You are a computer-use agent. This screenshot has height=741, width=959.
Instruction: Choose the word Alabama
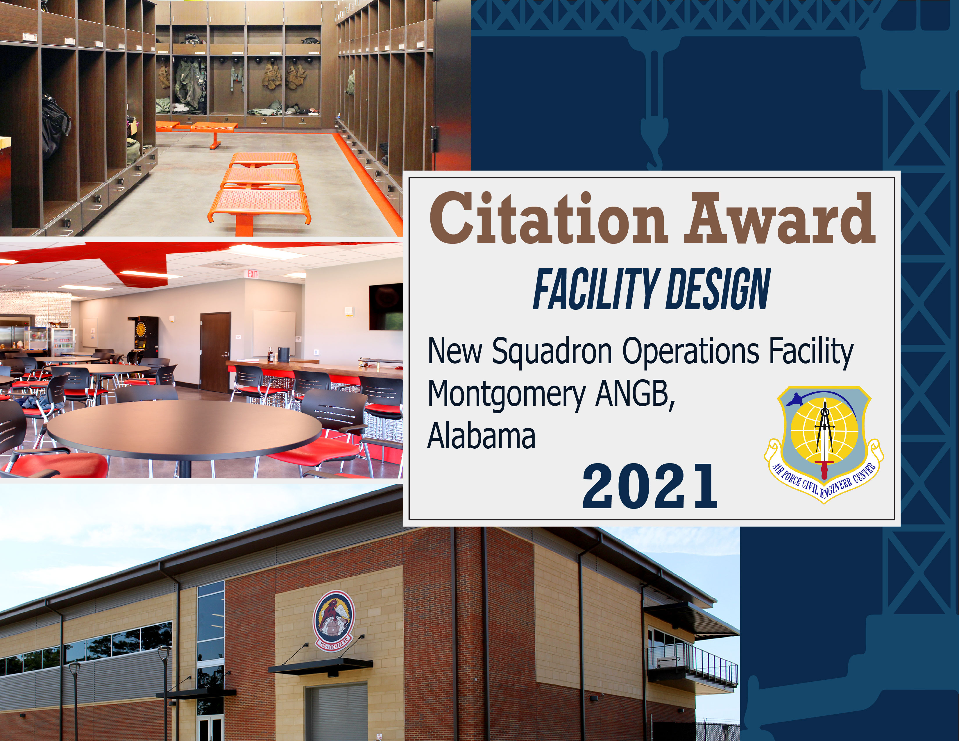coord(481,436)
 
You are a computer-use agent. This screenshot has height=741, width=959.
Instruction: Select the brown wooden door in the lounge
coord(215,351)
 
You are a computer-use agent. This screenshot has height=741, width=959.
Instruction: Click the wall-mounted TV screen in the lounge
coord(386,306)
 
